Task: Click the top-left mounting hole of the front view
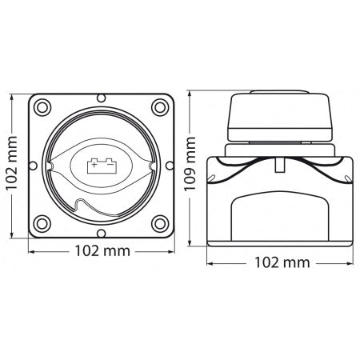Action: tap(42, 105)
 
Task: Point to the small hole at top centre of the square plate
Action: tap(101, 98)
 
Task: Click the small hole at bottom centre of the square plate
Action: tap(101, 230)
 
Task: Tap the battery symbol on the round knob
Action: tap(101, 164)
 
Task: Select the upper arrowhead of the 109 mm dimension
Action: tap(190, 90)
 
